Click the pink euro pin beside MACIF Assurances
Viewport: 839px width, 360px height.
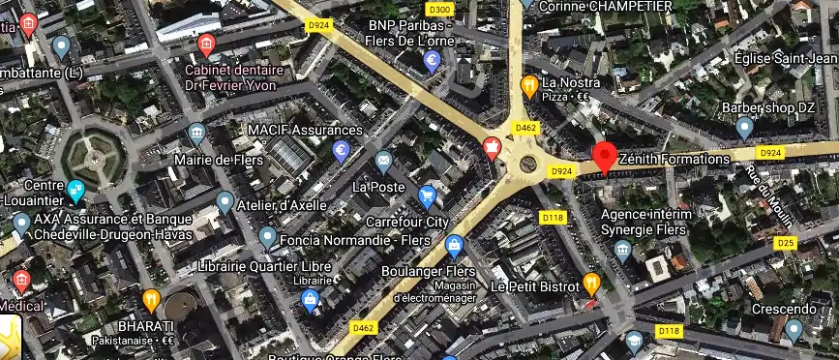pos(341,151)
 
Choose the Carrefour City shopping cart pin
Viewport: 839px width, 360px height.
pos(427,197)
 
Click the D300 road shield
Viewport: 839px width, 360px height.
pos(439,10)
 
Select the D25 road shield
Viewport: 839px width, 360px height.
pos(785,242)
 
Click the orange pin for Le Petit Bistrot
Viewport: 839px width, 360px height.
pos(591,284)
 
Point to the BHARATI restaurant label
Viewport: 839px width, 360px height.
pos(146,326)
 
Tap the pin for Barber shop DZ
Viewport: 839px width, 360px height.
pos(744,127)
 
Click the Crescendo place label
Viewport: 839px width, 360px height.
pos(789,309)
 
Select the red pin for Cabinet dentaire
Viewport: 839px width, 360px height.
pos(205,45)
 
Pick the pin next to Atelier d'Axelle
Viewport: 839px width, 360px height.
pos(225,202)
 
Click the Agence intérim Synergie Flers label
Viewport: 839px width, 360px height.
pos(646,222)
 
